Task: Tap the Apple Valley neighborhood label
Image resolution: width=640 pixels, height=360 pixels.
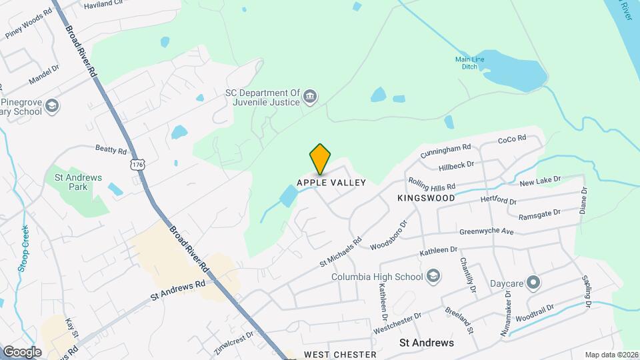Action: coord(331,183)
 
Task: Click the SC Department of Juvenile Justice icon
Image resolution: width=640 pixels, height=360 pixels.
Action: coord(310,98)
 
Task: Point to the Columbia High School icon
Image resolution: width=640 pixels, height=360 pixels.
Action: coord(433,277)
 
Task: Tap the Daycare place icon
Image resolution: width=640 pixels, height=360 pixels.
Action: coord(533,283)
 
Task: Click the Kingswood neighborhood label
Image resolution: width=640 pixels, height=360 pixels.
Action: coord(426,198)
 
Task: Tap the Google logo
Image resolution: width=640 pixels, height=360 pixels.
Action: coord(21,351)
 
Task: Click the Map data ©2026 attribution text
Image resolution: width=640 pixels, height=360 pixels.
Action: coord(611,355)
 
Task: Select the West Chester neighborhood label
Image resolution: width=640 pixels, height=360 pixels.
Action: coord(340,355)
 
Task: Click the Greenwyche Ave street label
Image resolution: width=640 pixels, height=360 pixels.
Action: coord(487,232)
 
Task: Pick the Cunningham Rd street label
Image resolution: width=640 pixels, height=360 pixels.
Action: coord(446,151)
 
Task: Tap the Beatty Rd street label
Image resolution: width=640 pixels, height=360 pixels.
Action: coord(111,151)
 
